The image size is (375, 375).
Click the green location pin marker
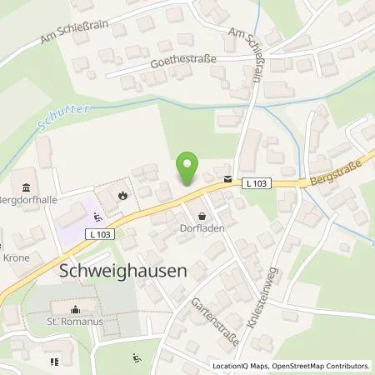point(188,169)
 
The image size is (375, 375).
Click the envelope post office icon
point(227,179)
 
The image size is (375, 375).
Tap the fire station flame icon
point(122,197)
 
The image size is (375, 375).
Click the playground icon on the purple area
point(97,218)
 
